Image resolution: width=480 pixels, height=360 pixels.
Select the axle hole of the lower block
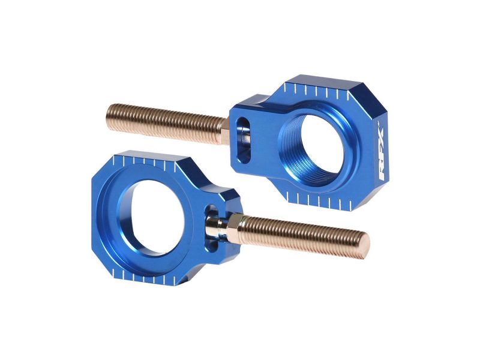(152, 217)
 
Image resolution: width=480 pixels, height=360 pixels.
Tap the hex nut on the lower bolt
(235, 228)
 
